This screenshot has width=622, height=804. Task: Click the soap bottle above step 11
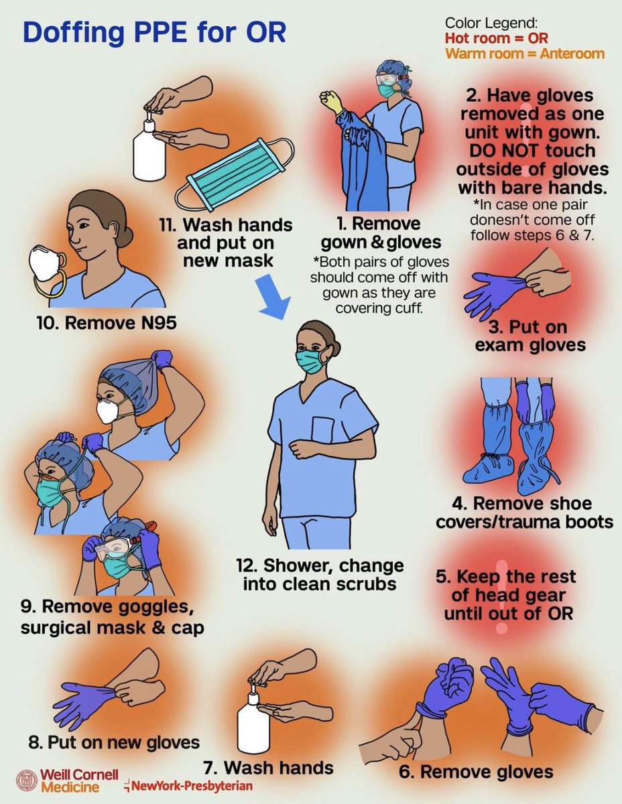(149, 150)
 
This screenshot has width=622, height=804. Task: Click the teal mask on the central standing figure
(310, 361)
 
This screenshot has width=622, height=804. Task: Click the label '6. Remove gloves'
(476, 771)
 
